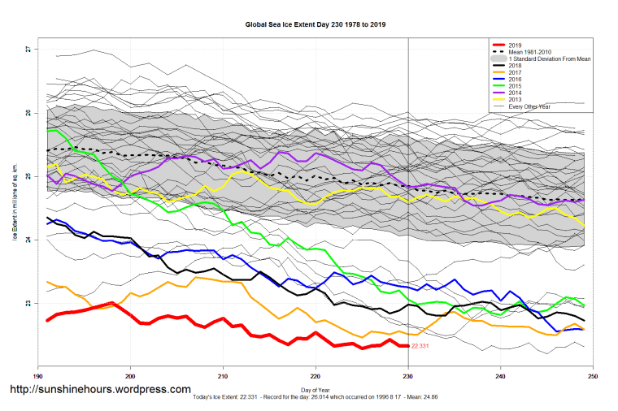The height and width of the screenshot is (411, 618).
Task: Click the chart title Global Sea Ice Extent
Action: pos(316,24)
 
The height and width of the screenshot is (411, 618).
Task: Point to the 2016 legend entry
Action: pos(513,79)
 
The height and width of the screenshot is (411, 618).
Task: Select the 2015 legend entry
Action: pos(513,86)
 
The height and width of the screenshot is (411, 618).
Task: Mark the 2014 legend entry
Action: pos(513,93)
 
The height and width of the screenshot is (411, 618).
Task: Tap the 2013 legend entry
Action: pos(513,100)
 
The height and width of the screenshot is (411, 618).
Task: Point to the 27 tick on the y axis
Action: pos(28,50)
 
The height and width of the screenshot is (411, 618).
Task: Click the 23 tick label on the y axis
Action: pos(28,304)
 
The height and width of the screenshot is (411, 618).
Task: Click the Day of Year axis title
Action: pos(316,392)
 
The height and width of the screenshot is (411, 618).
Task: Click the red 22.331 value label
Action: pos(420,347)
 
